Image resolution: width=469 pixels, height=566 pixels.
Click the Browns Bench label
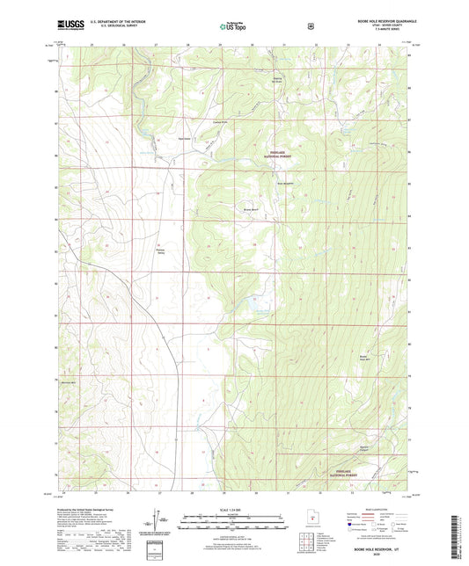coord(251,210)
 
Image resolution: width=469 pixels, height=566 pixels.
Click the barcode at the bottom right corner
coord(455,539)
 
